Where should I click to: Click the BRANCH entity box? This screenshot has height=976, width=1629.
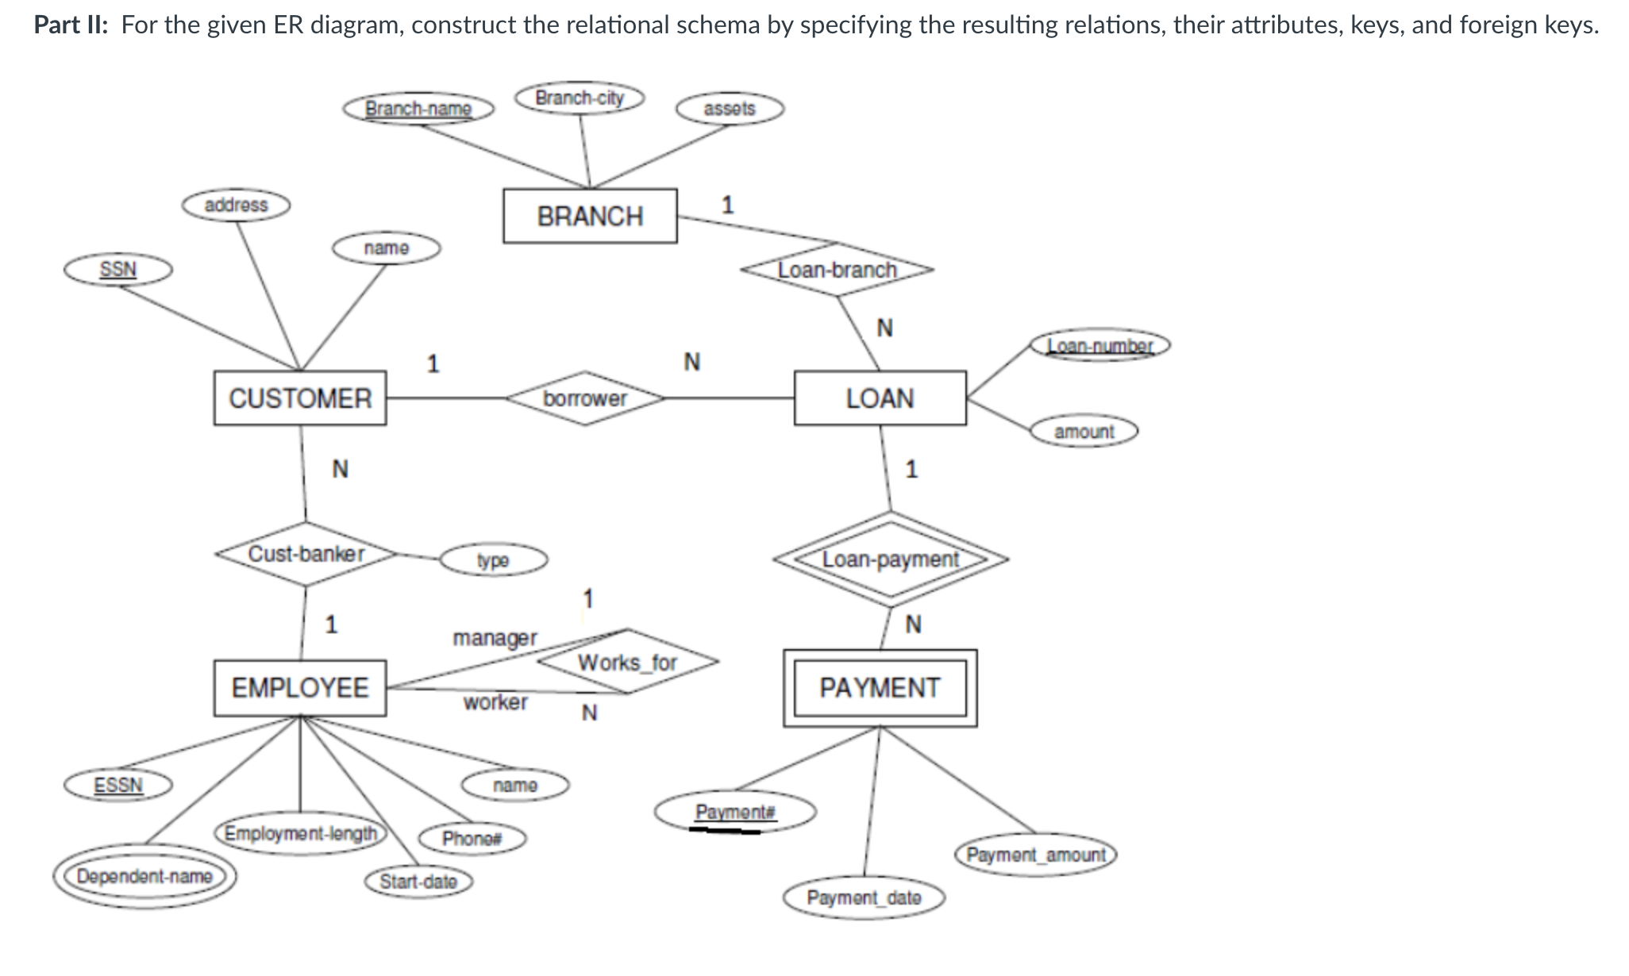(x=590, y=216)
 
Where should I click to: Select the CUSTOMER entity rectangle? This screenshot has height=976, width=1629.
(x=300, y=398)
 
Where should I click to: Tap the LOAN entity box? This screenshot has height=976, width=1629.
(x=880, y=398)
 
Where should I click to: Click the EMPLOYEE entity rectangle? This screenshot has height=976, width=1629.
(x=300, y=687)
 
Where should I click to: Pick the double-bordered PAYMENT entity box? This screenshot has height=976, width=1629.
(x=880, y=687)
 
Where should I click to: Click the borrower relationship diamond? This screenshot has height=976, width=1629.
(x=585, y=398)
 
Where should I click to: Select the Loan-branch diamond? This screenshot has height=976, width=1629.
(x=837, y=270)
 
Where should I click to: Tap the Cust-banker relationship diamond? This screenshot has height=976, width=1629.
(x=306, y=554)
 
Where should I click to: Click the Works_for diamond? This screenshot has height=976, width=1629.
(x=627, y=662)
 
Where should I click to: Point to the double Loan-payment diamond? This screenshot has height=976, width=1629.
(x=891, y=559)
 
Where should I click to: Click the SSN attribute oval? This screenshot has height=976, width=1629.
(x=118, y=269)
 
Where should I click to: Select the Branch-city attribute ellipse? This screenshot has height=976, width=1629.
(x=580, y=98)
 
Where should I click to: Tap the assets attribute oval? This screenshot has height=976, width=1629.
(x=730, y=109)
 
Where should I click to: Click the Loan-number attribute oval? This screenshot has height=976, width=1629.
(x=1100, y=346)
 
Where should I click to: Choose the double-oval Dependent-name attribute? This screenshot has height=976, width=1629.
(x=144, y=877)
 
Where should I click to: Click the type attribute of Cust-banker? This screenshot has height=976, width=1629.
(x=493, y=560)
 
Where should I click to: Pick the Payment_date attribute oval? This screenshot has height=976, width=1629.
(x=864, y=898)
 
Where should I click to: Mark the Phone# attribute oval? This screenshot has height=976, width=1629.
(x=472, y=839)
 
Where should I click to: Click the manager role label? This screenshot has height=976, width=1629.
(x=495, y=637)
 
